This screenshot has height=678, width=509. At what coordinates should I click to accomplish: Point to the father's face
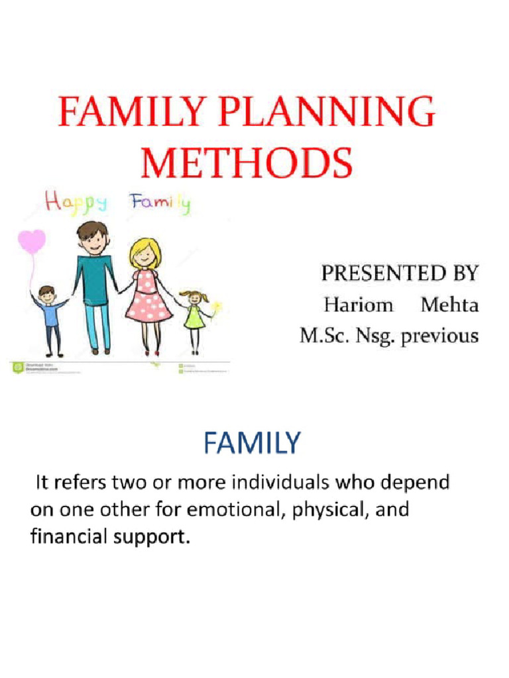[93, 240]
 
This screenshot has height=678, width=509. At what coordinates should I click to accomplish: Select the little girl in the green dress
[194, 316]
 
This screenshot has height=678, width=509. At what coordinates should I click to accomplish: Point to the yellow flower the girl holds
[217, 307]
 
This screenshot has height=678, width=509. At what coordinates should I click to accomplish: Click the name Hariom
[358, 305]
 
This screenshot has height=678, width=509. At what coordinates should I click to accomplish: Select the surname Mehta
[450, 305]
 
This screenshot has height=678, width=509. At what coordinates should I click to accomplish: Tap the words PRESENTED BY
[400, 273]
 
